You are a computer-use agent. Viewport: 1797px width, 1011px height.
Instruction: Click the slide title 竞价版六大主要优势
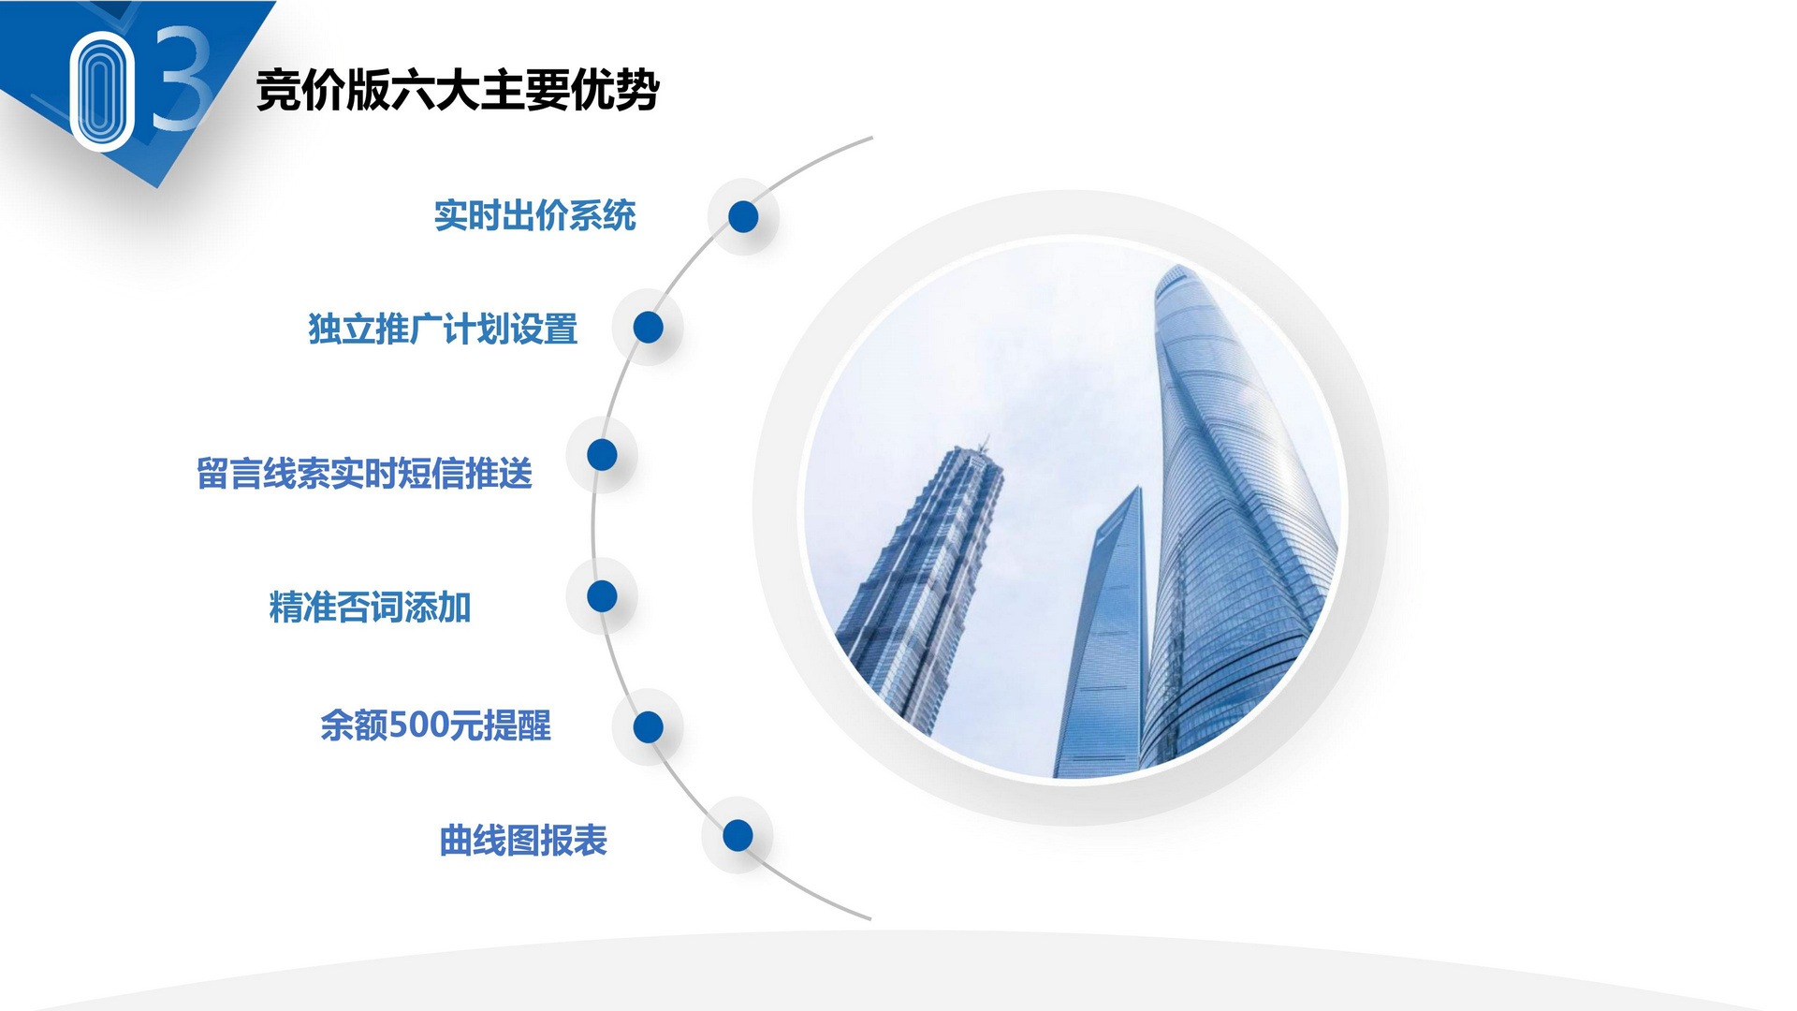tap(458, 91)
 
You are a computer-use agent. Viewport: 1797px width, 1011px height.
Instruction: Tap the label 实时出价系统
tap(534, 216)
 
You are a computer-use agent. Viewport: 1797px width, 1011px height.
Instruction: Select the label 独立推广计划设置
tap(443, 330)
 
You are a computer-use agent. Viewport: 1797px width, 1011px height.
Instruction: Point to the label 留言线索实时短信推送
tap(364, 474)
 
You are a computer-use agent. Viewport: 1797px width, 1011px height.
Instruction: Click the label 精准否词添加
tap(370, 608)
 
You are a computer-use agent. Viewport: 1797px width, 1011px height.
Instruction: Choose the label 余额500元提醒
tap(435, 725)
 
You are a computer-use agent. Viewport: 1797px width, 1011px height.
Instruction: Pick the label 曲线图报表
tap(523, 841)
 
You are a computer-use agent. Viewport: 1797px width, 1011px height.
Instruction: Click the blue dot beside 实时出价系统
tap(743, 216)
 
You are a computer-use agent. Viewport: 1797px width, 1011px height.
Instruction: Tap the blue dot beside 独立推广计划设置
tap(648, 328)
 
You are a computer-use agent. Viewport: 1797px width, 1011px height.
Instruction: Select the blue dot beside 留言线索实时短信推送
tap(602, 455)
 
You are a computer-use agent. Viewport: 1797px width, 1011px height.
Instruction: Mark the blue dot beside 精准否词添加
tap(602, 595)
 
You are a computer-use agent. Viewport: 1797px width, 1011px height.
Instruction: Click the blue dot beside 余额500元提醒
tap(648, 726)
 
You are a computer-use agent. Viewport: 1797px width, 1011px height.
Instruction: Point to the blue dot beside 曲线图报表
tap(738, 835)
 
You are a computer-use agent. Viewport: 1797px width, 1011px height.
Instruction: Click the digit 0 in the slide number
tap(102, 91)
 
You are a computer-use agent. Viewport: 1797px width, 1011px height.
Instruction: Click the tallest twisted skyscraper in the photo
tap(1235, 524)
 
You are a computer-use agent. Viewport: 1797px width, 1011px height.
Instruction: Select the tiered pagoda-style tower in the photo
tap(922, 580)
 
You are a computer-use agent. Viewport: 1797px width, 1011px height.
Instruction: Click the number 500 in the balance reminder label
tap(418, 725)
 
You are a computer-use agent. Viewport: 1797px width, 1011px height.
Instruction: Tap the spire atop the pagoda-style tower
tap(983, 444)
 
